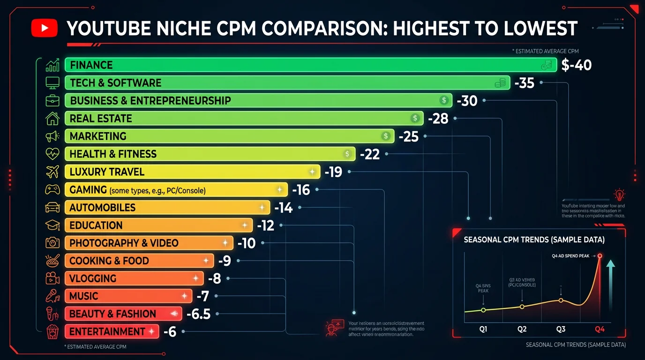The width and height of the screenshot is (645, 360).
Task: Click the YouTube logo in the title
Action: coord(44,28)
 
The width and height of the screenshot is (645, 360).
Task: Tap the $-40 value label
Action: coord(576,65)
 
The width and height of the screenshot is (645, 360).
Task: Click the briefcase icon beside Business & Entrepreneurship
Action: coord(52,101)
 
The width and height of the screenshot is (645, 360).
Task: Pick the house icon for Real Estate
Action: coord(52,119)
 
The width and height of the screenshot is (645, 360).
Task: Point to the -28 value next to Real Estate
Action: coord(438,119)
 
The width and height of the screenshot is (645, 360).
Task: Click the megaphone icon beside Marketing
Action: coord(52,136)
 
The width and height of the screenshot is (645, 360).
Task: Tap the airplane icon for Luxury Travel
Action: coord(52,172)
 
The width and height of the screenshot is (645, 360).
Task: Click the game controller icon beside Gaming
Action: coord(52,190)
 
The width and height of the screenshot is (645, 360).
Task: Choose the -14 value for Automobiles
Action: coord(284,208)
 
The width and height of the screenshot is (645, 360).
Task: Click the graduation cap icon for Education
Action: coord(52,225)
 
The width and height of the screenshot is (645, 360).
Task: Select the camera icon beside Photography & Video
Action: coord(52,243)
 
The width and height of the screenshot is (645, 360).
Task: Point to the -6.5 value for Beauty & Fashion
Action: coord(198,314)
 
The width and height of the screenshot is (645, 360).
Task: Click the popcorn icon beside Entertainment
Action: coord(52,332)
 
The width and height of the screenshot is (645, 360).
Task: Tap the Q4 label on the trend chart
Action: coord(600,329)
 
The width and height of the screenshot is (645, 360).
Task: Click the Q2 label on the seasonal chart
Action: coord(522,329)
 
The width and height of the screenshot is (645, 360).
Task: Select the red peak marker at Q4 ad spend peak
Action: coord(600,256)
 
